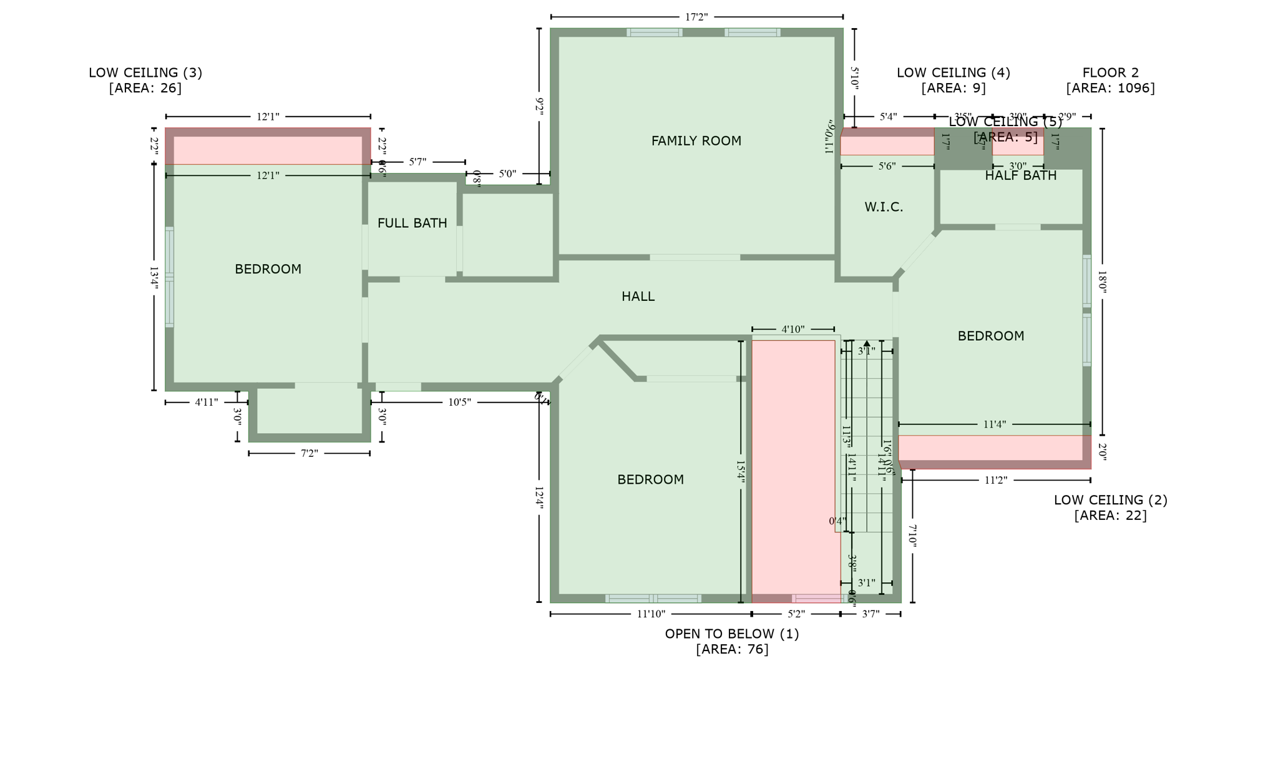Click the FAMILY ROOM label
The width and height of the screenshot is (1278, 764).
(696, 141)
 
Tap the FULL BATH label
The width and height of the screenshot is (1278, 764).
(412, 223)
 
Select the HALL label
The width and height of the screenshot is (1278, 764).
(638, 296)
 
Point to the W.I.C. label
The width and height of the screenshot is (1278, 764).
(884, 207)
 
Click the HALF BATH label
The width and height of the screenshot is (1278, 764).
(1020, 176)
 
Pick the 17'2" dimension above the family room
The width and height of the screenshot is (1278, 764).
(696, 17)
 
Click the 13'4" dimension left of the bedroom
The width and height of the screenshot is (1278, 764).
(154, 277)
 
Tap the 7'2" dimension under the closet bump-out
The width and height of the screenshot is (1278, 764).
(310, 453)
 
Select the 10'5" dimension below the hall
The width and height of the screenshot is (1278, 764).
(459, 402)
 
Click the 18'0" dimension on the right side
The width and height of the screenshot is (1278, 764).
(1102, 282)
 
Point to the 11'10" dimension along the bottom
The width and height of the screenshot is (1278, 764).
(651, 614)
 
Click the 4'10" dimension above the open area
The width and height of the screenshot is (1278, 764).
(793, 329)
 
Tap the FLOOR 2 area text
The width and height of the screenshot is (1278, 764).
(1110, 81)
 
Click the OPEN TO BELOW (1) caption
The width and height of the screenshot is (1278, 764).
(732, 641)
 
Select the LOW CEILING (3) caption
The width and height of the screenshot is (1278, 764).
(145, 80)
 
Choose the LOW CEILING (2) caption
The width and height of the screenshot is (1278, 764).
(1110, 507)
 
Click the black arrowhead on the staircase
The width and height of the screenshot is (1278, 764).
(867, 343)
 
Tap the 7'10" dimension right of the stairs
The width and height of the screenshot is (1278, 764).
(912, 536)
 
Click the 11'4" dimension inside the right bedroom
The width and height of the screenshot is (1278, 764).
(994, 424)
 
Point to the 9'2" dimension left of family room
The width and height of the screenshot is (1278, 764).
(539, 105)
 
